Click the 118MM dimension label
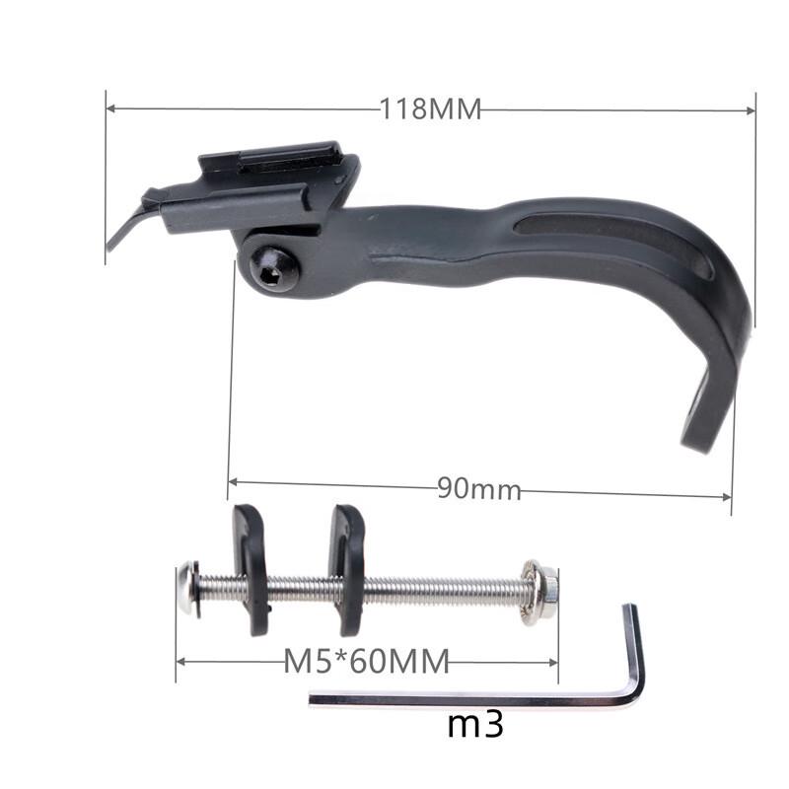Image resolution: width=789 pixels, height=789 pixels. coord(431,109)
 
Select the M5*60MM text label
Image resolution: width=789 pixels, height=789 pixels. coord(366,660)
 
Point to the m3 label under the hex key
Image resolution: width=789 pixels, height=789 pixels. coord(475,725)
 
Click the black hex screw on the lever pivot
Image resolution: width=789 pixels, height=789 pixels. coord(273,266)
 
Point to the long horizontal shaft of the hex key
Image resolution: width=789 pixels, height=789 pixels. coord(464,700)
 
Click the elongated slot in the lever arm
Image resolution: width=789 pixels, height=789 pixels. coord(611,237)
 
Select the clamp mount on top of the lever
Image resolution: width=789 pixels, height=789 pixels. coord(266,182)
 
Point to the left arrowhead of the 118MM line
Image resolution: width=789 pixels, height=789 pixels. coord(110,108)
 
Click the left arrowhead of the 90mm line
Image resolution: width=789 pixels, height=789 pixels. coord(233,482)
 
